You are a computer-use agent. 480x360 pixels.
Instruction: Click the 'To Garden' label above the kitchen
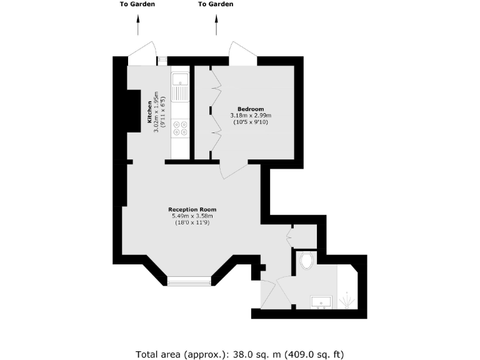(137, 4)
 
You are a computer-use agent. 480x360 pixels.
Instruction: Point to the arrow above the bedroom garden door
(216, 26)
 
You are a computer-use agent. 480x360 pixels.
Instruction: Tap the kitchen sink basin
(180, 80)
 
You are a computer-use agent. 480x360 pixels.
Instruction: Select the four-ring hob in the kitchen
(180, 127)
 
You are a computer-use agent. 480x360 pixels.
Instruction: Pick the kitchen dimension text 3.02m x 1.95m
(157, 113)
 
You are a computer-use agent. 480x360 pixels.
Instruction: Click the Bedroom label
(251, 109)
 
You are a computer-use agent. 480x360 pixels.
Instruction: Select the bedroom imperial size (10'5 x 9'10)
(251, 122)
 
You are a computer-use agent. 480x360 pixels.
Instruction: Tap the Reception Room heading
(192, 209)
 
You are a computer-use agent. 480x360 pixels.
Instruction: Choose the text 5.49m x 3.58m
(192, 216)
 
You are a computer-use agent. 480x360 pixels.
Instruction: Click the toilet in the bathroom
(307, 261)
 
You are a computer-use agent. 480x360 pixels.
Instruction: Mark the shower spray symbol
(346, 302)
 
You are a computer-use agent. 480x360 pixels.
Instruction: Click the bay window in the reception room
(189, 281)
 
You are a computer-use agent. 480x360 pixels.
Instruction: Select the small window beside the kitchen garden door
(162, 61)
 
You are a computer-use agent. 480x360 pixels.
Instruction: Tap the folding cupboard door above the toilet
(289, 236)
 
